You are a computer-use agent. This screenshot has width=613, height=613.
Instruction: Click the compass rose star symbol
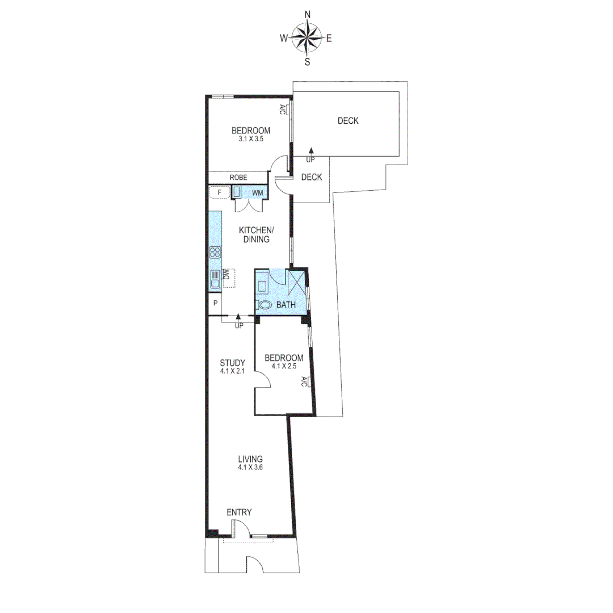click(x=307, y=38)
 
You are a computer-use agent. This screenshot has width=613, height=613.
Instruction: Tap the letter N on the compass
click(x=307, y=15)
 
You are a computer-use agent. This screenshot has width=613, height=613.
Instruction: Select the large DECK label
click(x=348, y=121)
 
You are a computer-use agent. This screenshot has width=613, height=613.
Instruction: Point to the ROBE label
click(x=238, y=178)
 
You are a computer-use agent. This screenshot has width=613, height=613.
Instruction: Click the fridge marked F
click(x=219, y=193)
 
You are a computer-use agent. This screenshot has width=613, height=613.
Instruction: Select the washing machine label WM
click(x=258, y=193)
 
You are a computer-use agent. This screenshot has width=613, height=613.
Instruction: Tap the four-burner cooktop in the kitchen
click(x=215, y=252)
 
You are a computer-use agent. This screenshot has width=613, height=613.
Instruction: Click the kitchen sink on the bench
click(x=215, y=279)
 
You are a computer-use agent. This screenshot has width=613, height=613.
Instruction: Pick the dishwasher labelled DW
click(x=228, y=277)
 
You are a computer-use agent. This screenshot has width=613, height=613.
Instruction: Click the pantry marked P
click(x=215, y=303)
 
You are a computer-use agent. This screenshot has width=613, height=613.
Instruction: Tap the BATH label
click(x=286, y=305)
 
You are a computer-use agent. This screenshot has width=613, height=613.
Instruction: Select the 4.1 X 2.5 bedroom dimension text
click(x=284, y=366)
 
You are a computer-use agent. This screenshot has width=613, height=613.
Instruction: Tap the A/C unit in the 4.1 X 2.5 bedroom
click(x=304, y=381)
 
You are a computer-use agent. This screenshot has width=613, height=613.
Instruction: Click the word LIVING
click(x=250, y=459)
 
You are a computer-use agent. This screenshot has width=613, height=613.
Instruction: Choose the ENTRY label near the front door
click(x=239, y=513)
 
